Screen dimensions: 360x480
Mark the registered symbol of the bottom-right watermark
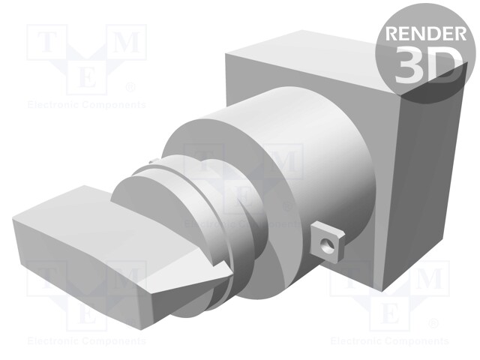point(433,324)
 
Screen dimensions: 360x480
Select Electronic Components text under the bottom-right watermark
point(389,341)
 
